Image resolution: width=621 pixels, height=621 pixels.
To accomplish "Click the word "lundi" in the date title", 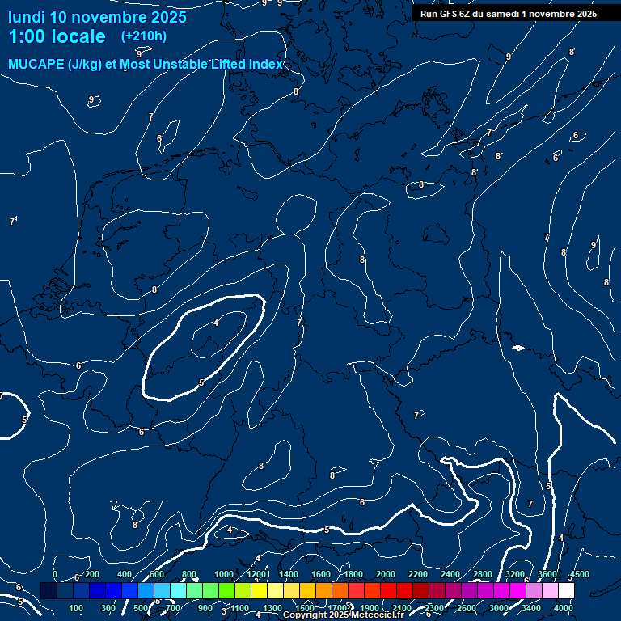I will click(26, 17).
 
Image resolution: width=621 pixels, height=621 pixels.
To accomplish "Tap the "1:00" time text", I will click(27, 37).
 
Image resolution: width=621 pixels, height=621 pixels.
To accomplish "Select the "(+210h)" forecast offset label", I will click(143, 36).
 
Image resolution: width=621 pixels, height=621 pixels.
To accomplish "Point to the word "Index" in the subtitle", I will click(265, 64).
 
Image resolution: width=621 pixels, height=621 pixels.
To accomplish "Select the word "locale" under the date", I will click(78, 37).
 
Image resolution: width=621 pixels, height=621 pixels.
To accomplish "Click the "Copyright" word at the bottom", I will click(306, 615).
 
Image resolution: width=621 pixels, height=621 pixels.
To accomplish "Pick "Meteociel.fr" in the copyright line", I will click(376, 615).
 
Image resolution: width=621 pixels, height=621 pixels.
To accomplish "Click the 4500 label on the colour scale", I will click(580, 574).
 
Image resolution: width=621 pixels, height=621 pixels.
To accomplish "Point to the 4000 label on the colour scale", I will click(564, 608).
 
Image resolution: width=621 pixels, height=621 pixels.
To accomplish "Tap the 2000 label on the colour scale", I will click(386, 574).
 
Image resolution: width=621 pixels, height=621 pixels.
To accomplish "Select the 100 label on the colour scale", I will click(77, 608).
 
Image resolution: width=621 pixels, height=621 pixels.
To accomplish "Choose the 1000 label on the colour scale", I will click(224, 574).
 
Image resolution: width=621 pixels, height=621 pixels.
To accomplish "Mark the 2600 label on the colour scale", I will click(467, 608).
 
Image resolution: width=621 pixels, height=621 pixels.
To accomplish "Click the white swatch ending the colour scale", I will click(566, 591).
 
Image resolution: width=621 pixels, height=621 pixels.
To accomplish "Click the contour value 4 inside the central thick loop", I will click(216, 323).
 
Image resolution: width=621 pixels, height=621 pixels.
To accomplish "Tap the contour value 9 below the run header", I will click(509, 57).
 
